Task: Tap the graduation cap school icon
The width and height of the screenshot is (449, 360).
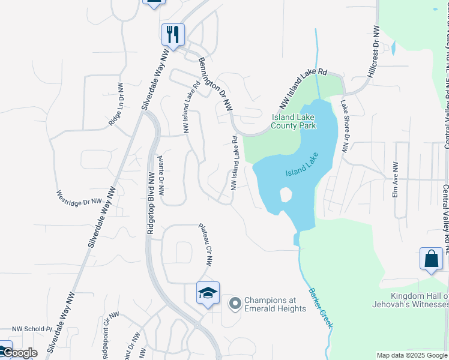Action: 208,293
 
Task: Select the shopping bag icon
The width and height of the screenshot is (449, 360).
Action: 431,259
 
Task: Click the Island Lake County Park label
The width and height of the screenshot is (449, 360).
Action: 294,122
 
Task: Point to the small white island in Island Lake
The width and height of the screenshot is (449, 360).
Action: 286,195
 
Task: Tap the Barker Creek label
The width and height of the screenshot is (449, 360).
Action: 321,308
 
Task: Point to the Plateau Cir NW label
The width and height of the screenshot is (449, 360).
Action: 206,244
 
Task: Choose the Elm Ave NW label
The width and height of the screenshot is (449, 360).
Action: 396,180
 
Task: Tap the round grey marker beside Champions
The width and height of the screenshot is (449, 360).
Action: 235,305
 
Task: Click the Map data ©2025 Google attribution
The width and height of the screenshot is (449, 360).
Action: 412,355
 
